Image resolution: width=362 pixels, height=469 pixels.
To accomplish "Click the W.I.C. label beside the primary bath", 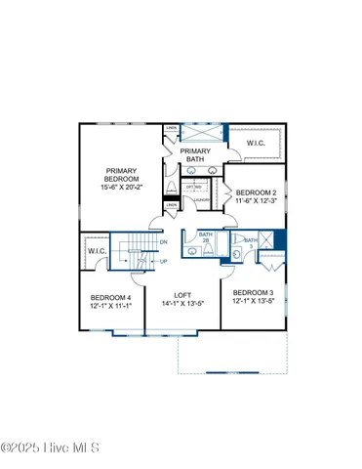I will tap(257, 144).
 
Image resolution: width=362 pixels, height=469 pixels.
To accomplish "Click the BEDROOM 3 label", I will tap(253, 293).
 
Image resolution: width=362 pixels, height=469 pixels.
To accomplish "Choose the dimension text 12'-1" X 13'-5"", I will tap(253, 302).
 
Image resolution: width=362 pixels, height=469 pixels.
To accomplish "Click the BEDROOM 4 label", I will tap(110, 297).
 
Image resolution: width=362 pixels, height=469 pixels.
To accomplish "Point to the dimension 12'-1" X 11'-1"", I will tap(110, 306).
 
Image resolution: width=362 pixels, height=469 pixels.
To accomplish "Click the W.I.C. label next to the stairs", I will tap(96, 252).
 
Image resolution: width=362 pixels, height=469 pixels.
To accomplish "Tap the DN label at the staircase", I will tap(163, 242).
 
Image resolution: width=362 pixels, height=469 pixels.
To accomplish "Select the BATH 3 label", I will tap(251, 243).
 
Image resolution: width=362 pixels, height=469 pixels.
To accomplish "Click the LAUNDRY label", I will tap(202, 199).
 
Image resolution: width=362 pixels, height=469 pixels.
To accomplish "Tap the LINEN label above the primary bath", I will tap(172, 128).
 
